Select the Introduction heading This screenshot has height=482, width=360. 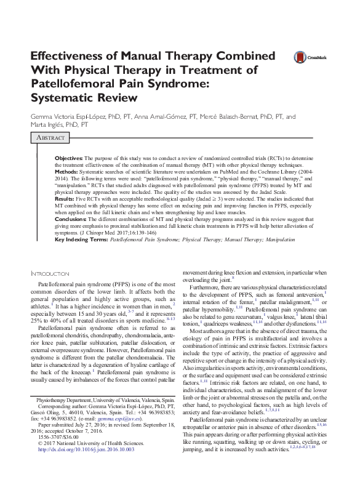click(51, 273)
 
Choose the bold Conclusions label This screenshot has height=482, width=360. click(70, 218)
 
